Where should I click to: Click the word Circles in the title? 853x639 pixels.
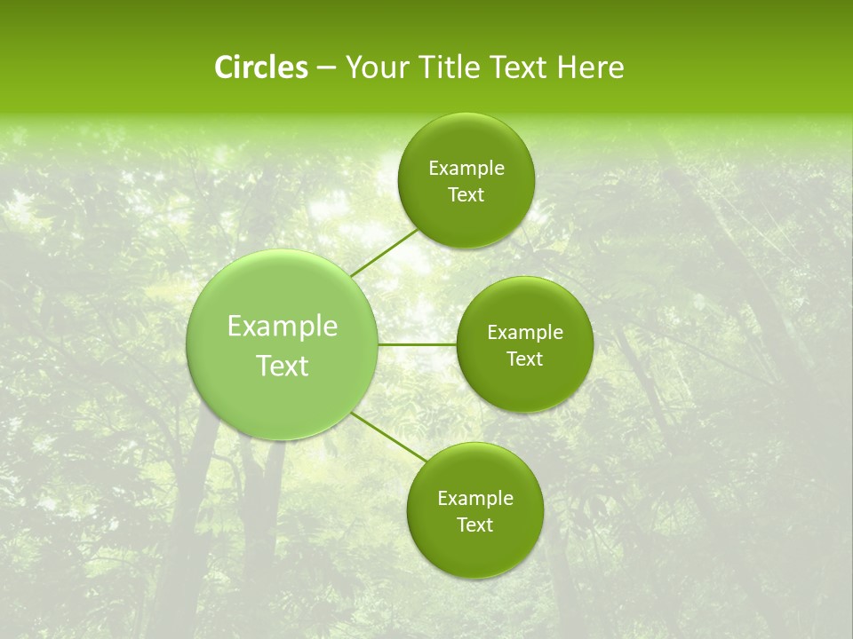260,67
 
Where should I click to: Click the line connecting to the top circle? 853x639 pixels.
384,252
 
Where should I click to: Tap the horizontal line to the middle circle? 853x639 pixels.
418,344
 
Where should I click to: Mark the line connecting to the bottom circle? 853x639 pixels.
388,437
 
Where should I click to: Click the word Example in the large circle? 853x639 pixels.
283,327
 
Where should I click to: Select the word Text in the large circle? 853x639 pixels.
283,366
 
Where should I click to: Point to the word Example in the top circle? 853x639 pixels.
466,169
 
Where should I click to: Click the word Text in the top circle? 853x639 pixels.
466,195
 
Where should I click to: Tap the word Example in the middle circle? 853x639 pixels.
525,333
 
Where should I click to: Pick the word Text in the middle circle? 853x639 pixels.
525,359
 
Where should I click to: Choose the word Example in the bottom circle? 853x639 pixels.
475,499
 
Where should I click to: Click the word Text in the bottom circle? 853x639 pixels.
475,525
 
